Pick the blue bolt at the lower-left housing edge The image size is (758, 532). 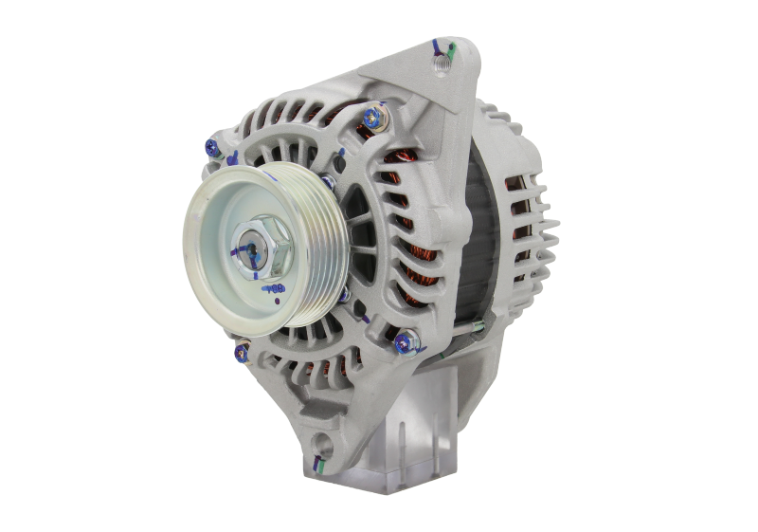pyautogui.click(x=240, y=354)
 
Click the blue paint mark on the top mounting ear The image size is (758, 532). pyautogui.click(x=436, y=45)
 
